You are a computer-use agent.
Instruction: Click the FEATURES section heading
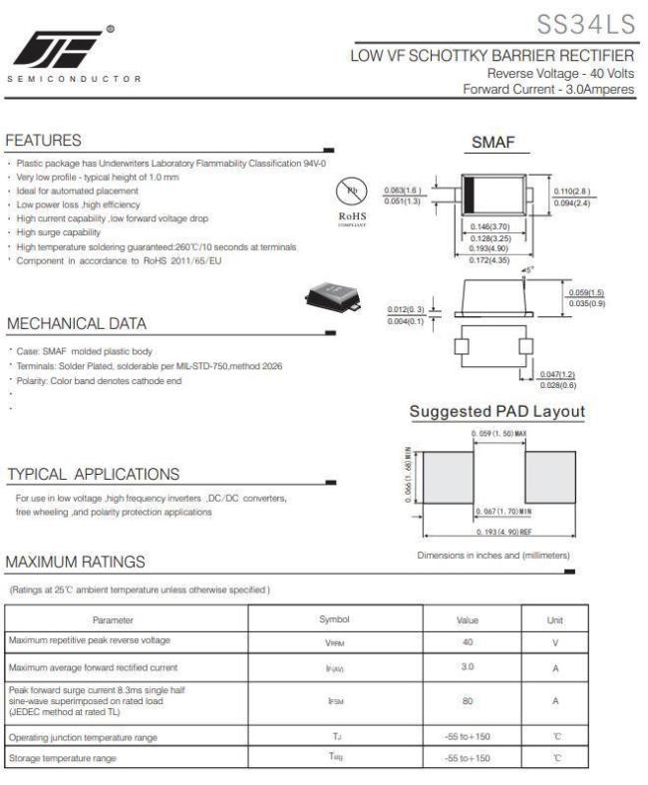click(x=43, y=141)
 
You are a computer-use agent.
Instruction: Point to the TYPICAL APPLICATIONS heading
click(x=93, y=474)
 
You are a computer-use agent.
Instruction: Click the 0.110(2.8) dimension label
click(x=572, y=191)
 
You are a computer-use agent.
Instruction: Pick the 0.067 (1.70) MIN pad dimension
click(x=500, y=512)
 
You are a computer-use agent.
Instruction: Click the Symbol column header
click(x=334, y=619)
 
